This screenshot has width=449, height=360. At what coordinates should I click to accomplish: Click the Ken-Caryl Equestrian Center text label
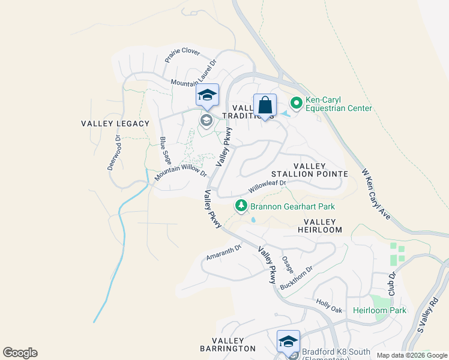pos(339,104)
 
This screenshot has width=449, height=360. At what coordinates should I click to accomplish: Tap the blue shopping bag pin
pos(265,106)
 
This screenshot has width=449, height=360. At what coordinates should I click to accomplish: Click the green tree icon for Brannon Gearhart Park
pos(241,206)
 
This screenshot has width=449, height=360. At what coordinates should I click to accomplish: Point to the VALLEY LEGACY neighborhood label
pos(115,124)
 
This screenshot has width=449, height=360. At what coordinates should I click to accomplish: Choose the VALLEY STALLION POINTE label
pos(310,170)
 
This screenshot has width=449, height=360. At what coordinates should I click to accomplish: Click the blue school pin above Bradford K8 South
pos(288,341)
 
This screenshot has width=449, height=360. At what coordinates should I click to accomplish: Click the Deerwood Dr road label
pos(114,152)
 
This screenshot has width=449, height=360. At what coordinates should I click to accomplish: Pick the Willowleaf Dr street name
pos(267,187)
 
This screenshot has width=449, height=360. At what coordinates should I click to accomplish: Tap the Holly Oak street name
pos(329,307)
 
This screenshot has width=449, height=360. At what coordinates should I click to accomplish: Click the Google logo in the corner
pos(20,353)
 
